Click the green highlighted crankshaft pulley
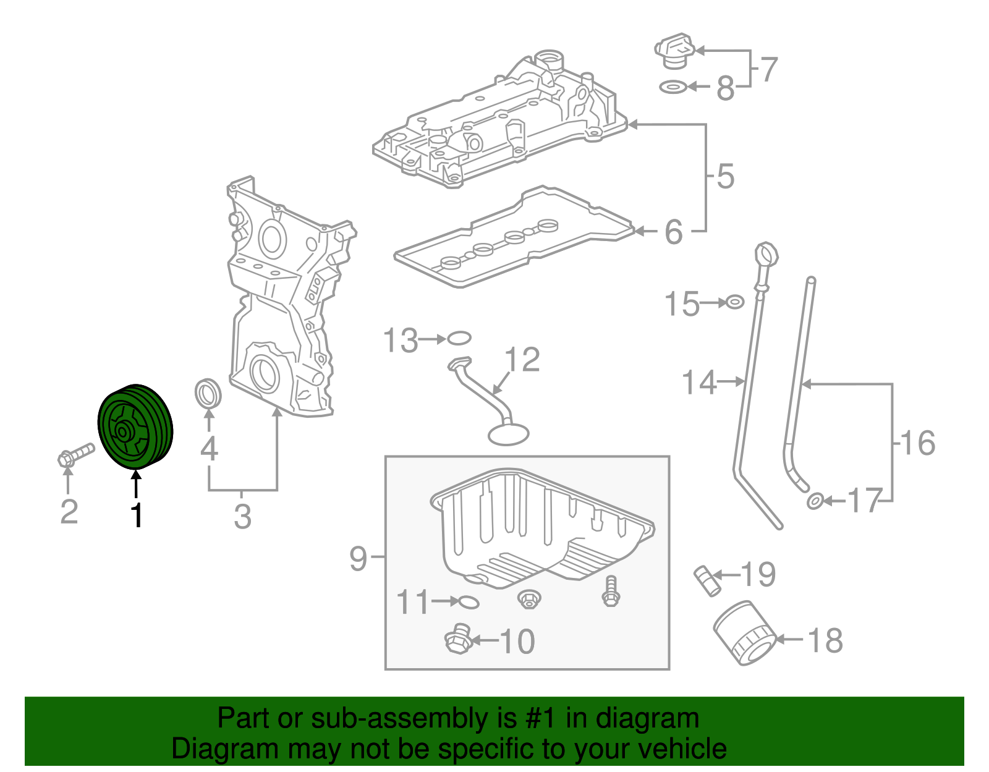pos(135,426)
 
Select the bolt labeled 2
pos(75,454)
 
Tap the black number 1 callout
pos(137,515)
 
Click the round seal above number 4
pos(208,394)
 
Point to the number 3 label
pos(242,516)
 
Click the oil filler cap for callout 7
pos(674,50)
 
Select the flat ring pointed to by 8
pos(673,87)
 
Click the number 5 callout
pos(726,176)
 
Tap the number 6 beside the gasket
pos(674,232)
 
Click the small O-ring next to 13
pos(459,338)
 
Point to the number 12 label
pos(522,359)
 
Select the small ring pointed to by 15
pos(734,302)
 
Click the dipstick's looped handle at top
pos(766,255)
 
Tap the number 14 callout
pos(699,382)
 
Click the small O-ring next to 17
pos(815,501)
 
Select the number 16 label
pos(917,442)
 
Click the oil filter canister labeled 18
pos(745,633)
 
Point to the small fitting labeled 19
pos(707,580)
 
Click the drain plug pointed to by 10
pos(458,638)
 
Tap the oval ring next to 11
pos(469,602)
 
